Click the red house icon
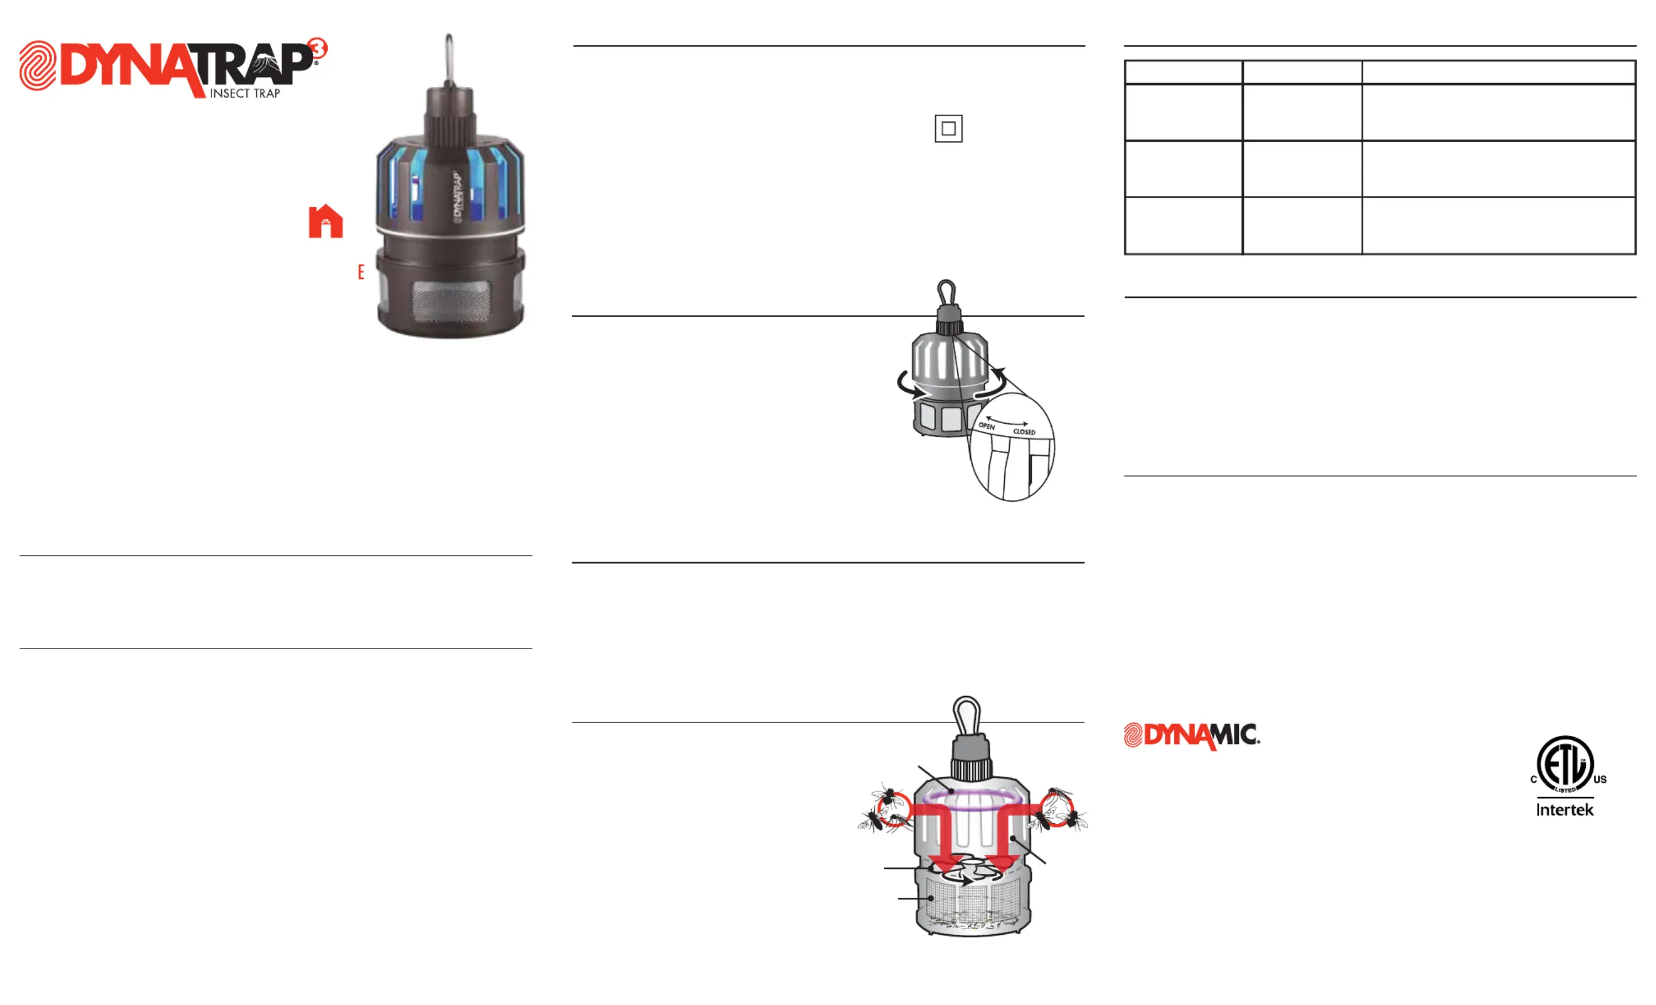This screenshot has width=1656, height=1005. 325,221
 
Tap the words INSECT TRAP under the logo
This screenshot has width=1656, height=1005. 245,94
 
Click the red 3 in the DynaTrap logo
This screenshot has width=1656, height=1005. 317,49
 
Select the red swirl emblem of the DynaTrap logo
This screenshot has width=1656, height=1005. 38,65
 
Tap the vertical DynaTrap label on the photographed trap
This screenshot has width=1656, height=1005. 457,195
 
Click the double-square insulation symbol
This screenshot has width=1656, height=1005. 948,128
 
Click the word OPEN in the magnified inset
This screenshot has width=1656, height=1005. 986,426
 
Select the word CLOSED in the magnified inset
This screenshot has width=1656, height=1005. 1025,431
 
